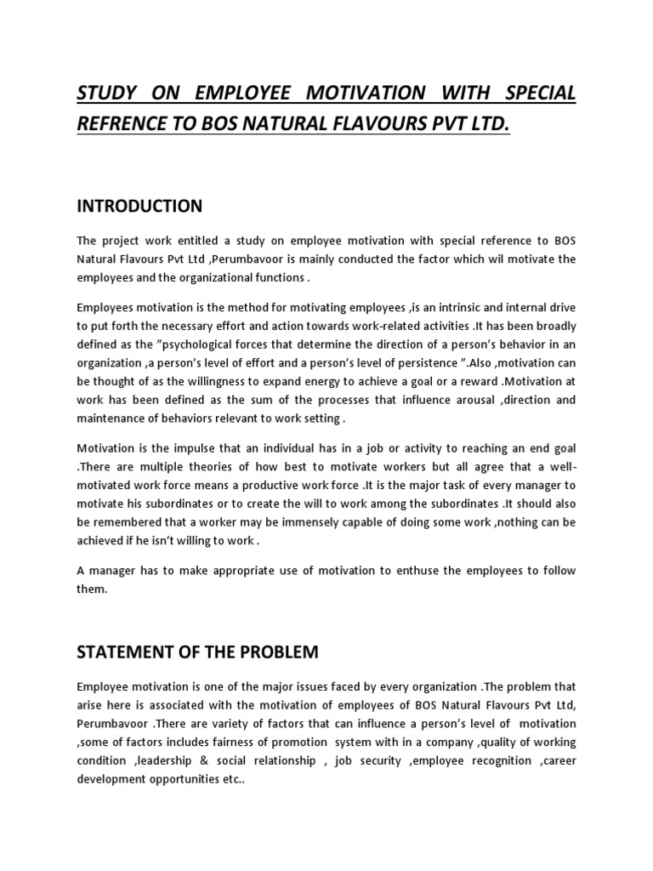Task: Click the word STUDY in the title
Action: pyautogui.click(x=108, y=92)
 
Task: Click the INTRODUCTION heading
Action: pyautogui.click(x=139, y=206)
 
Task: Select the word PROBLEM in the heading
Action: pyautogui.click(x=272, y=653)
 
